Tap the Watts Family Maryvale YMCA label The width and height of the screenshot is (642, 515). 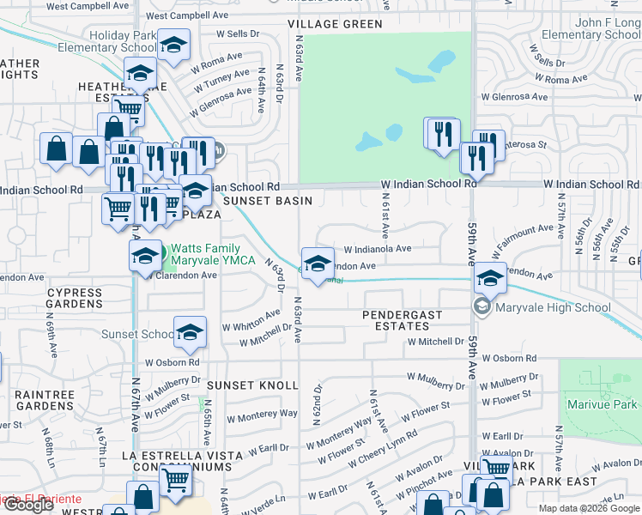(x=207, y=254)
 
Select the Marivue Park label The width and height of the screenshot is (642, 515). (x=602, y=403)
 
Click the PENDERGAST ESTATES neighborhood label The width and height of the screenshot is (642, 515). (x=402, y=320)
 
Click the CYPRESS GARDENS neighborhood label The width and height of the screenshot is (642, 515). (x=75, y=298)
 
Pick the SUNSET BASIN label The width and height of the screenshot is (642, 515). (x=266, y=200)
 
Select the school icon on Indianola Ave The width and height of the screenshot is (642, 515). (x=318, y=263)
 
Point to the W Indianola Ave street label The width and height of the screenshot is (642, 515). (x=378, y=249)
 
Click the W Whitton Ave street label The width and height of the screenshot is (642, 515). (x=251, y=327)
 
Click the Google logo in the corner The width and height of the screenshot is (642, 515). (x=28, y=505)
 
